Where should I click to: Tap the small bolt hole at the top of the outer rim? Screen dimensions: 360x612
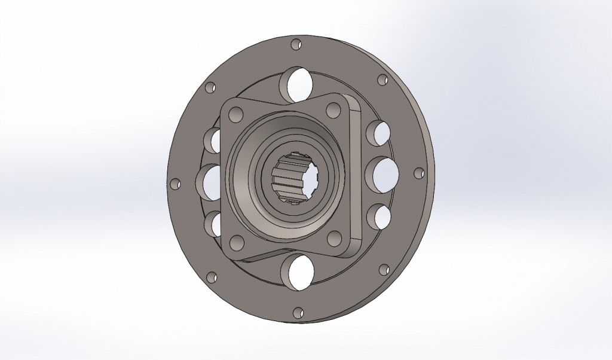tap(296, 44)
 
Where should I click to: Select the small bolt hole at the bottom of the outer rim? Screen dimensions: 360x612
tap(298, 312)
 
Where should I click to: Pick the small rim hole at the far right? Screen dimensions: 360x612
tap(419, 173)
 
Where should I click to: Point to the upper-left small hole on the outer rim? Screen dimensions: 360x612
tap(210, 89)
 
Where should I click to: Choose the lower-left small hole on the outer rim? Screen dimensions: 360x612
tap(212, 277)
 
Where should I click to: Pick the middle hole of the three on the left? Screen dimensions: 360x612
tap(209, 182)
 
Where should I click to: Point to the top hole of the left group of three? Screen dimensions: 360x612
tap(213, 141)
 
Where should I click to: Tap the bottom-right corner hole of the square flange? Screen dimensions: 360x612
tap(333, 240)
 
